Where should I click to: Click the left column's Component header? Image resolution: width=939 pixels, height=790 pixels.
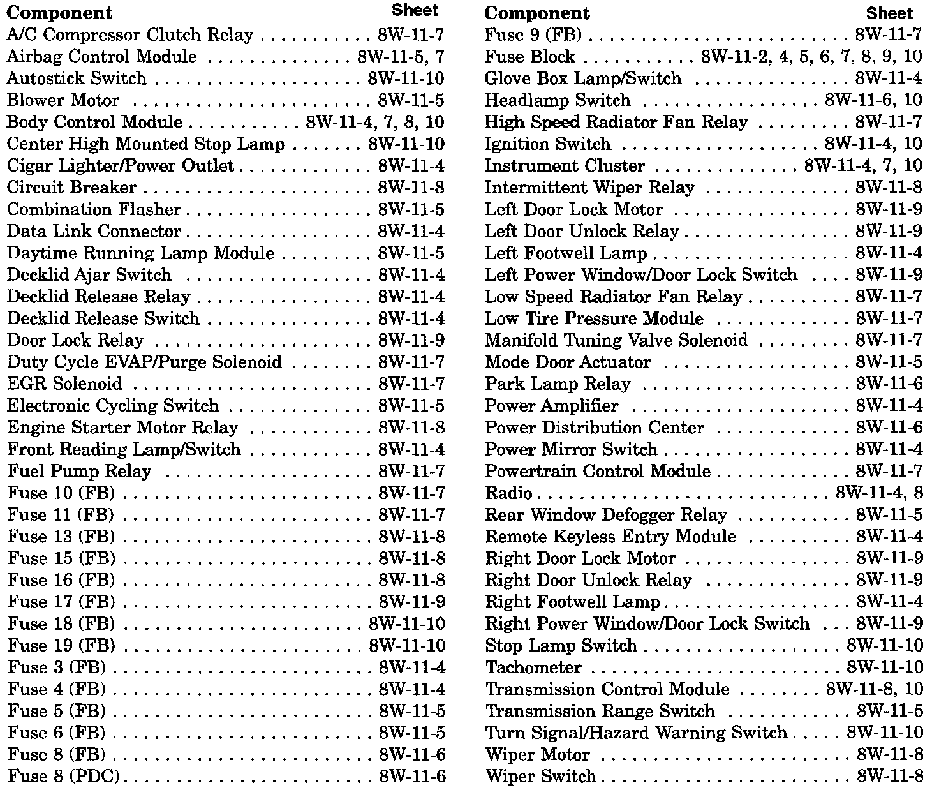point(60,13)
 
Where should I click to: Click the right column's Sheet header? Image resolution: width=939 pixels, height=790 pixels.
point(889,13)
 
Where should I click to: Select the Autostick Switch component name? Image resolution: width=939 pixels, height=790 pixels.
point(77,78)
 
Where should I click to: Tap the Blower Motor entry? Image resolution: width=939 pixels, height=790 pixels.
point(63,100)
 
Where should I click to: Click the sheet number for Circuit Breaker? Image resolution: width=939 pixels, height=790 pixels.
point(411,188)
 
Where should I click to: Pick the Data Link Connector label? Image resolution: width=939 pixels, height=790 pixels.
point(94,231)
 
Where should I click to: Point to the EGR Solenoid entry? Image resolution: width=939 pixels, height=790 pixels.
point(64,384)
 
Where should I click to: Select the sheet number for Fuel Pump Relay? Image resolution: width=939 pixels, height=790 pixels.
point(411,472)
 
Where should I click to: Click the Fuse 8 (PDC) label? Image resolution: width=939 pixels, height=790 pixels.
point(64,777)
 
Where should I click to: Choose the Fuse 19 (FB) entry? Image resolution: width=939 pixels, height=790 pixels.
point(61,646)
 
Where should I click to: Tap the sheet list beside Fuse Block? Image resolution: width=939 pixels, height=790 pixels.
point(811,57)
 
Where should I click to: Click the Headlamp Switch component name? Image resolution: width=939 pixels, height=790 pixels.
point(557,100)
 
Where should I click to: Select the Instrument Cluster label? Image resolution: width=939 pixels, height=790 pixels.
point(565,166)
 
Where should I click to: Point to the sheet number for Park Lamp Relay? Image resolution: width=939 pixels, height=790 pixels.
point(889,384)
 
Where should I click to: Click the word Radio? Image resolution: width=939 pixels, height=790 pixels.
point(508,493)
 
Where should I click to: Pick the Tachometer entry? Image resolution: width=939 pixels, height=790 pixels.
point(533,667)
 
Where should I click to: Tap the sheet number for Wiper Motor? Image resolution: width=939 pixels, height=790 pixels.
point(889,755)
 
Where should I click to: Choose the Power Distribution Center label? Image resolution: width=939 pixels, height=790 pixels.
point(594,428)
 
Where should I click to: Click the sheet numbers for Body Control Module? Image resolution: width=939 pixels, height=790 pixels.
point(375,122)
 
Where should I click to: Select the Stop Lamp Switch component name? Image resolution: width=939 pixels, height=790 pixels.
point(561,646)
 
